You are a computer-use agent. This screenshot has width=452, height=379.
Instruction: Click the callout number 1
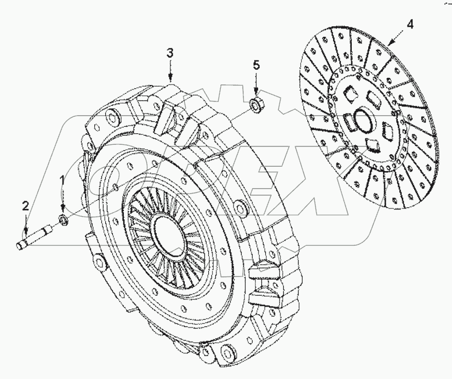[x=63, y=179]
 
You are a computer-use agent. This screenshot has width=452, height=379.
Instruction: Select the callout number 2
[x=25, y=206]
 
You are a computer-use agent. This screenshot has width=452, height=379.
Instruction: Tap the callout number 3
[x=170, y=53]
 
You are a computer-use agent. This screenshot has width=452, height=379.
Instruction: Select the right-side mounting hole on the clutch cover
[x=238, y=207]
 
